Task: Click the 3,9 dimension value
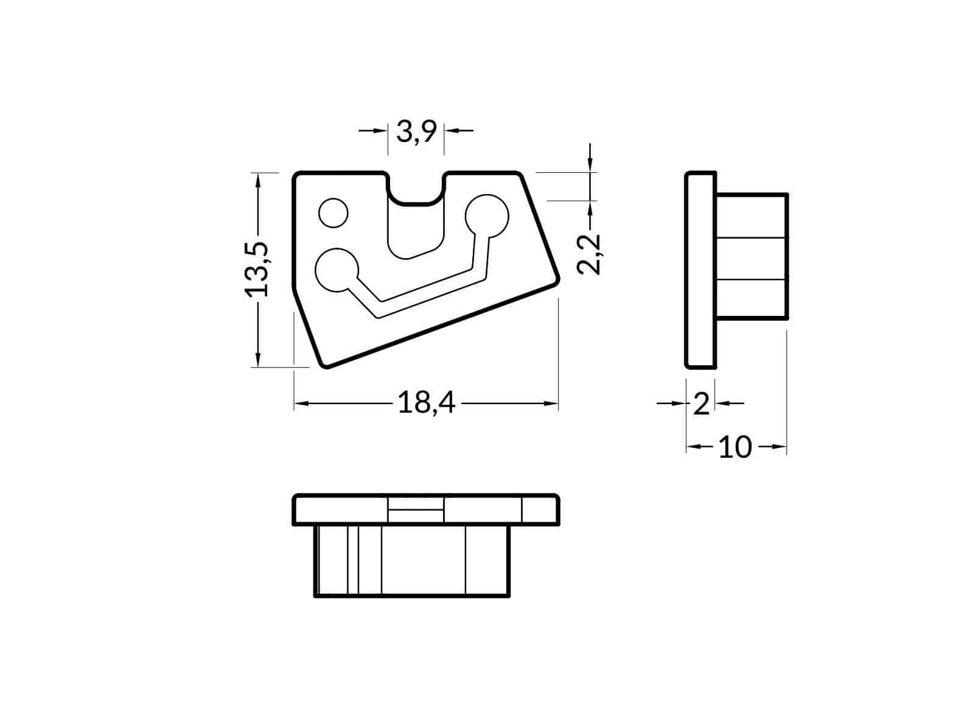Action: click(x=416, y=132)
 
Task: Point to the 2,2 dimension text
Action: click(x=589, y=254)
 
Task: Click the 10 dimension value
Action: click(x=735, y=447)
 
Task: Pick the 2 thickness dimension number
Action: click(x=701, y=404)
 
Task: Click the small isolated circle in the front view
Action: click(x=333, y=213)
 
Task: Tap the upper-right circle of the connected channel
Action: click(x=486, y=216)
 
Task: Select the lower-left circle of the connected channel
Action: click(x=337, y=270)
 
